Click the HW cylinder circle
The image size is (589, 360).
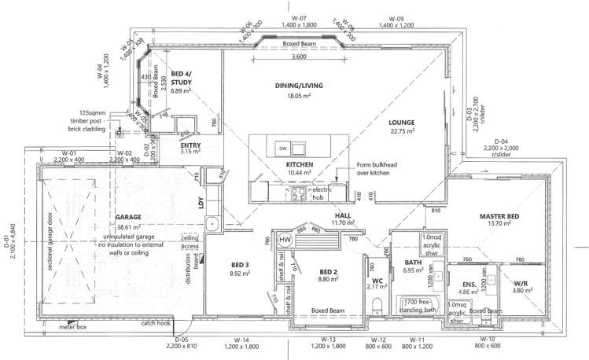(285, 239)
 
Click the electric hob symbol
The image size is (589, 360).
(298, 193)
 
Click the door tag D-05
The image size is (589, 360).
(182, 340)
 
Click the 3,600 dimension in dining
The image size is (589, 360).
(299, 57)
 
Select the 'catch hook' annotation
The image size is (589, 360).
(156, 322)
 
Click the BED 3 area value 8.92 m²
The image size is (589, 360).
(240, 274)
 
